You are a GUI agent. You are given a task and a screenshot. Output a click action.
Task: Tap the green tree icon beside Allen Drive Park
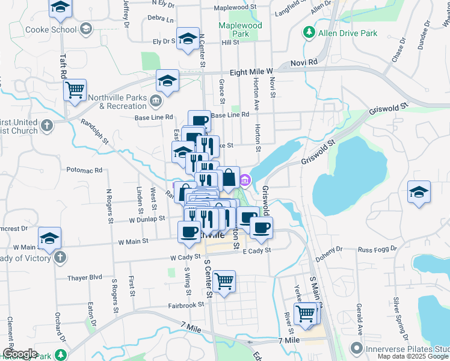(x=309, y=31)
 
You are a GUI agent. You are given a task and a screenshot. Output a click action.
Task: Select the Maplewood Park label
(x=240, y=30)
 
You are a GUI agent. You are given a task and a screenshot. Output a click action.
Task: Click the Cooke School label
(x=51, y=29)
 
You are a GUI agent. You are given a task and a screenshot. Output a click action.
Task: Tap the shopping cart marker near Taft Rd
(x=75, y=90)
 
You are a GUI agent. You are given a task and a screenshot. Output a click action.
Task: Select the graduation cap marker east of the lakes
(x=419, y=193)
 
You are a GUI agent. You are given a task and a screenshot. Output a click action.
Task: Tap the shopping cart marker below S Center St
(x=224, y=280)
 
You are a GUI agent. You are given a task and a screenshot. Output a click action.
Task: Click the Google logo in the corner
(x=20, y=354)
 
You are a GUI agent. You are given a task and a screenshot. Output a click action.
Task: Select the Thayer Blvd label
(x=87, y=277)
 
